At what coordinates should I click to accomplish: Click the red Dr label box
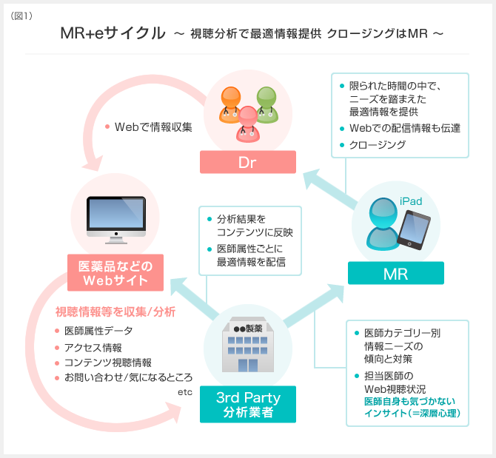248,162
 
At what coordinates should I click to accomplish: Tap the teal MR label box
395,274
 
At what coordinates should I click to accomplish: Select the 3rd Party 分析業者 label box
248,404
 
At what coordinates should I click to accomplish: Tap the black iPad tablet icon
414,229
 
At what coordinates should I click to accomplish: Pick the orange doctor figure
230,104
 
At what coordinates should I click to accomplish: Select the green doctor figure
266,104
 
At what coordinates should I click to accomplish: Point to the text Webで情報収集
153,126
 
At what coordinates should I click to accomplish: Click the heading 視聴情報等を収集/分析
115,311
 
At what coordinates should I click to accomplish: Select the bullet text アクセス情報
93,346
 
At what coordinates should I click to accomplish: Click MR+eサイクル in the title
114,34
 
